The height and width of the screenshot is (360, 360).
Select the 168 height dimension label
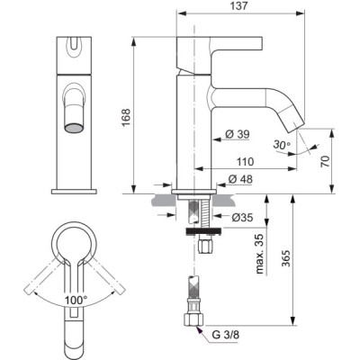(x=127, y=115)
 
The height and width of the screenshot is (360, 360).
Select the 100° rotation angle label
(x=76, y=299)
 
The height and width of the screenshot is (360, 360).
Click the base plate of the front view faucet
(x=76, y=192)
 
